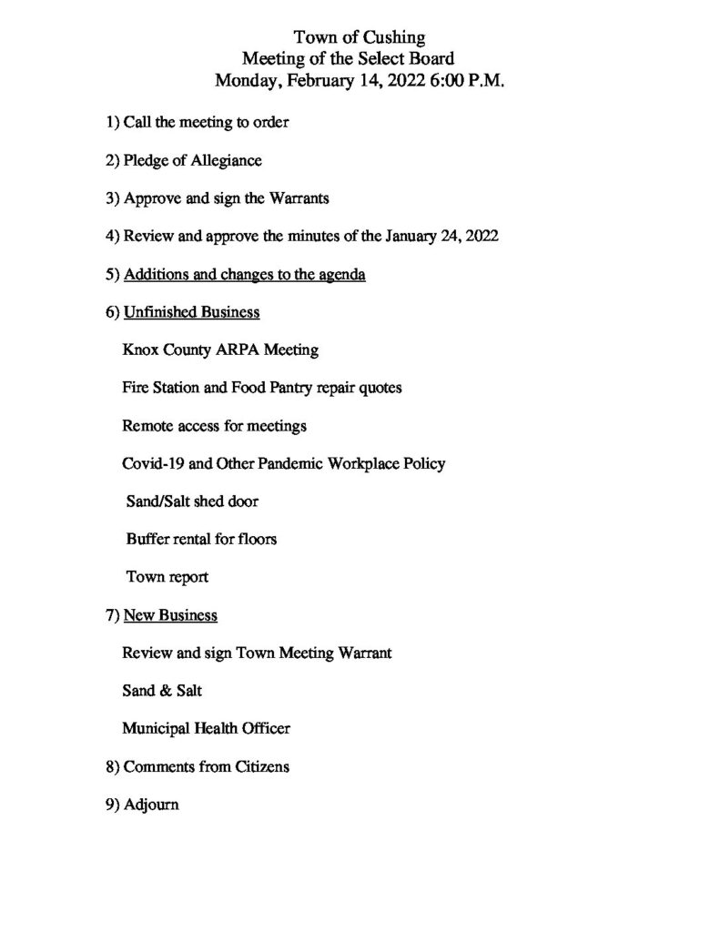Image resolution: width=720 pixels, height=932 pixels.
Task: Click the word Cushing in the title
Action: pos(393,37)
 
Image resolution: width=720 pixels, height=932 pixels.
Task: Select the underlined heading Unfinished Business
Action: pos(191,312)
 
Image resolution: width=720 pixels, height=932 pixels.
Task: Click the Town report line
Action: pos(167,577)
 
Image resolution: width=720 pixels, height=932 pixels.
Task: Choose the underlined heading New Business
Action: pos(170,615)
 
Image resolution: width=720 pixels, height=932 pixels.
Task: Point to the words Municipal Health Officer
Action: pos(206,728)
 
